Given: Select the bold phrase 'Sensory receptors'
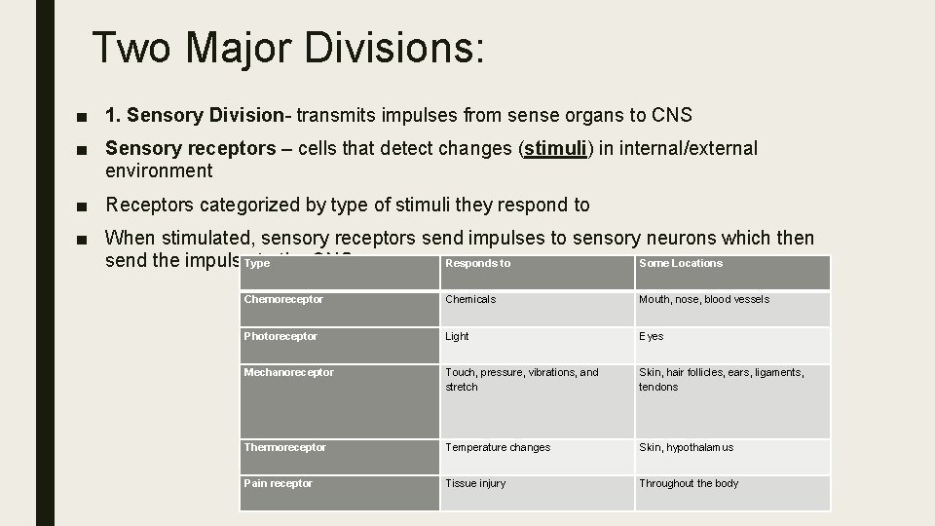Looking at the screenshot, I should tap(191, 148).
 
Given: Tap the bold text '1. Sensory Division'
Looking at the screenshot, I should tap(193, 116).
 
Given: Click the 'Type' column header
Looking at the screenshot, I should tap(257, 264).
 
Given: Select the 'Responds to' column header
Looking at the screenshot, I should tap(477, 263).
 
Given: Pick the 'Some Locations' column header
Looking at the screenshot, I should tap(681, 263).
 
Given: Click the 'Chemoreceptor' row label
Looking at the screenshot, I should tap(283, 299).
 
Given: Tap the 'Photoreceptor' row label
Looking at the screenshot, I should tap(280, 336).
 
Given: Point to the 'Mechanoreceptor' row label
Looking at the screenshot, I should tap(288, 372).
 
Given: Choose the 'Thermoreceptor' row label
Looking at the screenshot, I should tap(284, 447).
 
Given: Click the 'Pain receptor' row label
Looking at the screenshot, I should tap(279, 483).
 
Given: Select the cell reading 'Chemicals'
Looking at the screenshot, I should tap(470, 299).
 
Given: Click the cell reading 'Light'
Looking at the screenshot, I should tap(457, 336).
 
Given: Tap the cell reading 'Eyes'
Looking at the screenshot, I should tap(651, 336).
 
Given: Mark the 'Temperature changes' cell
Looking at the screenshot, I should tap(498, 447).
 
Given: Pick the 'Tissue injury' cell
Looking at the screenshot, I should tap(475, 483).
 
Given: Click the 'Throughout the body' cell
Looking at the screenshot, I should tap(689, 483).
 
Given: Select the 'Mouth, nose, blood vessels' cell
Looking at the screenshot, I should tap(704, 299).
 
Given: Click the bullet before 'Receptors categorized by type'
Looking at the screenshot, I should tap(86, 206).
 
